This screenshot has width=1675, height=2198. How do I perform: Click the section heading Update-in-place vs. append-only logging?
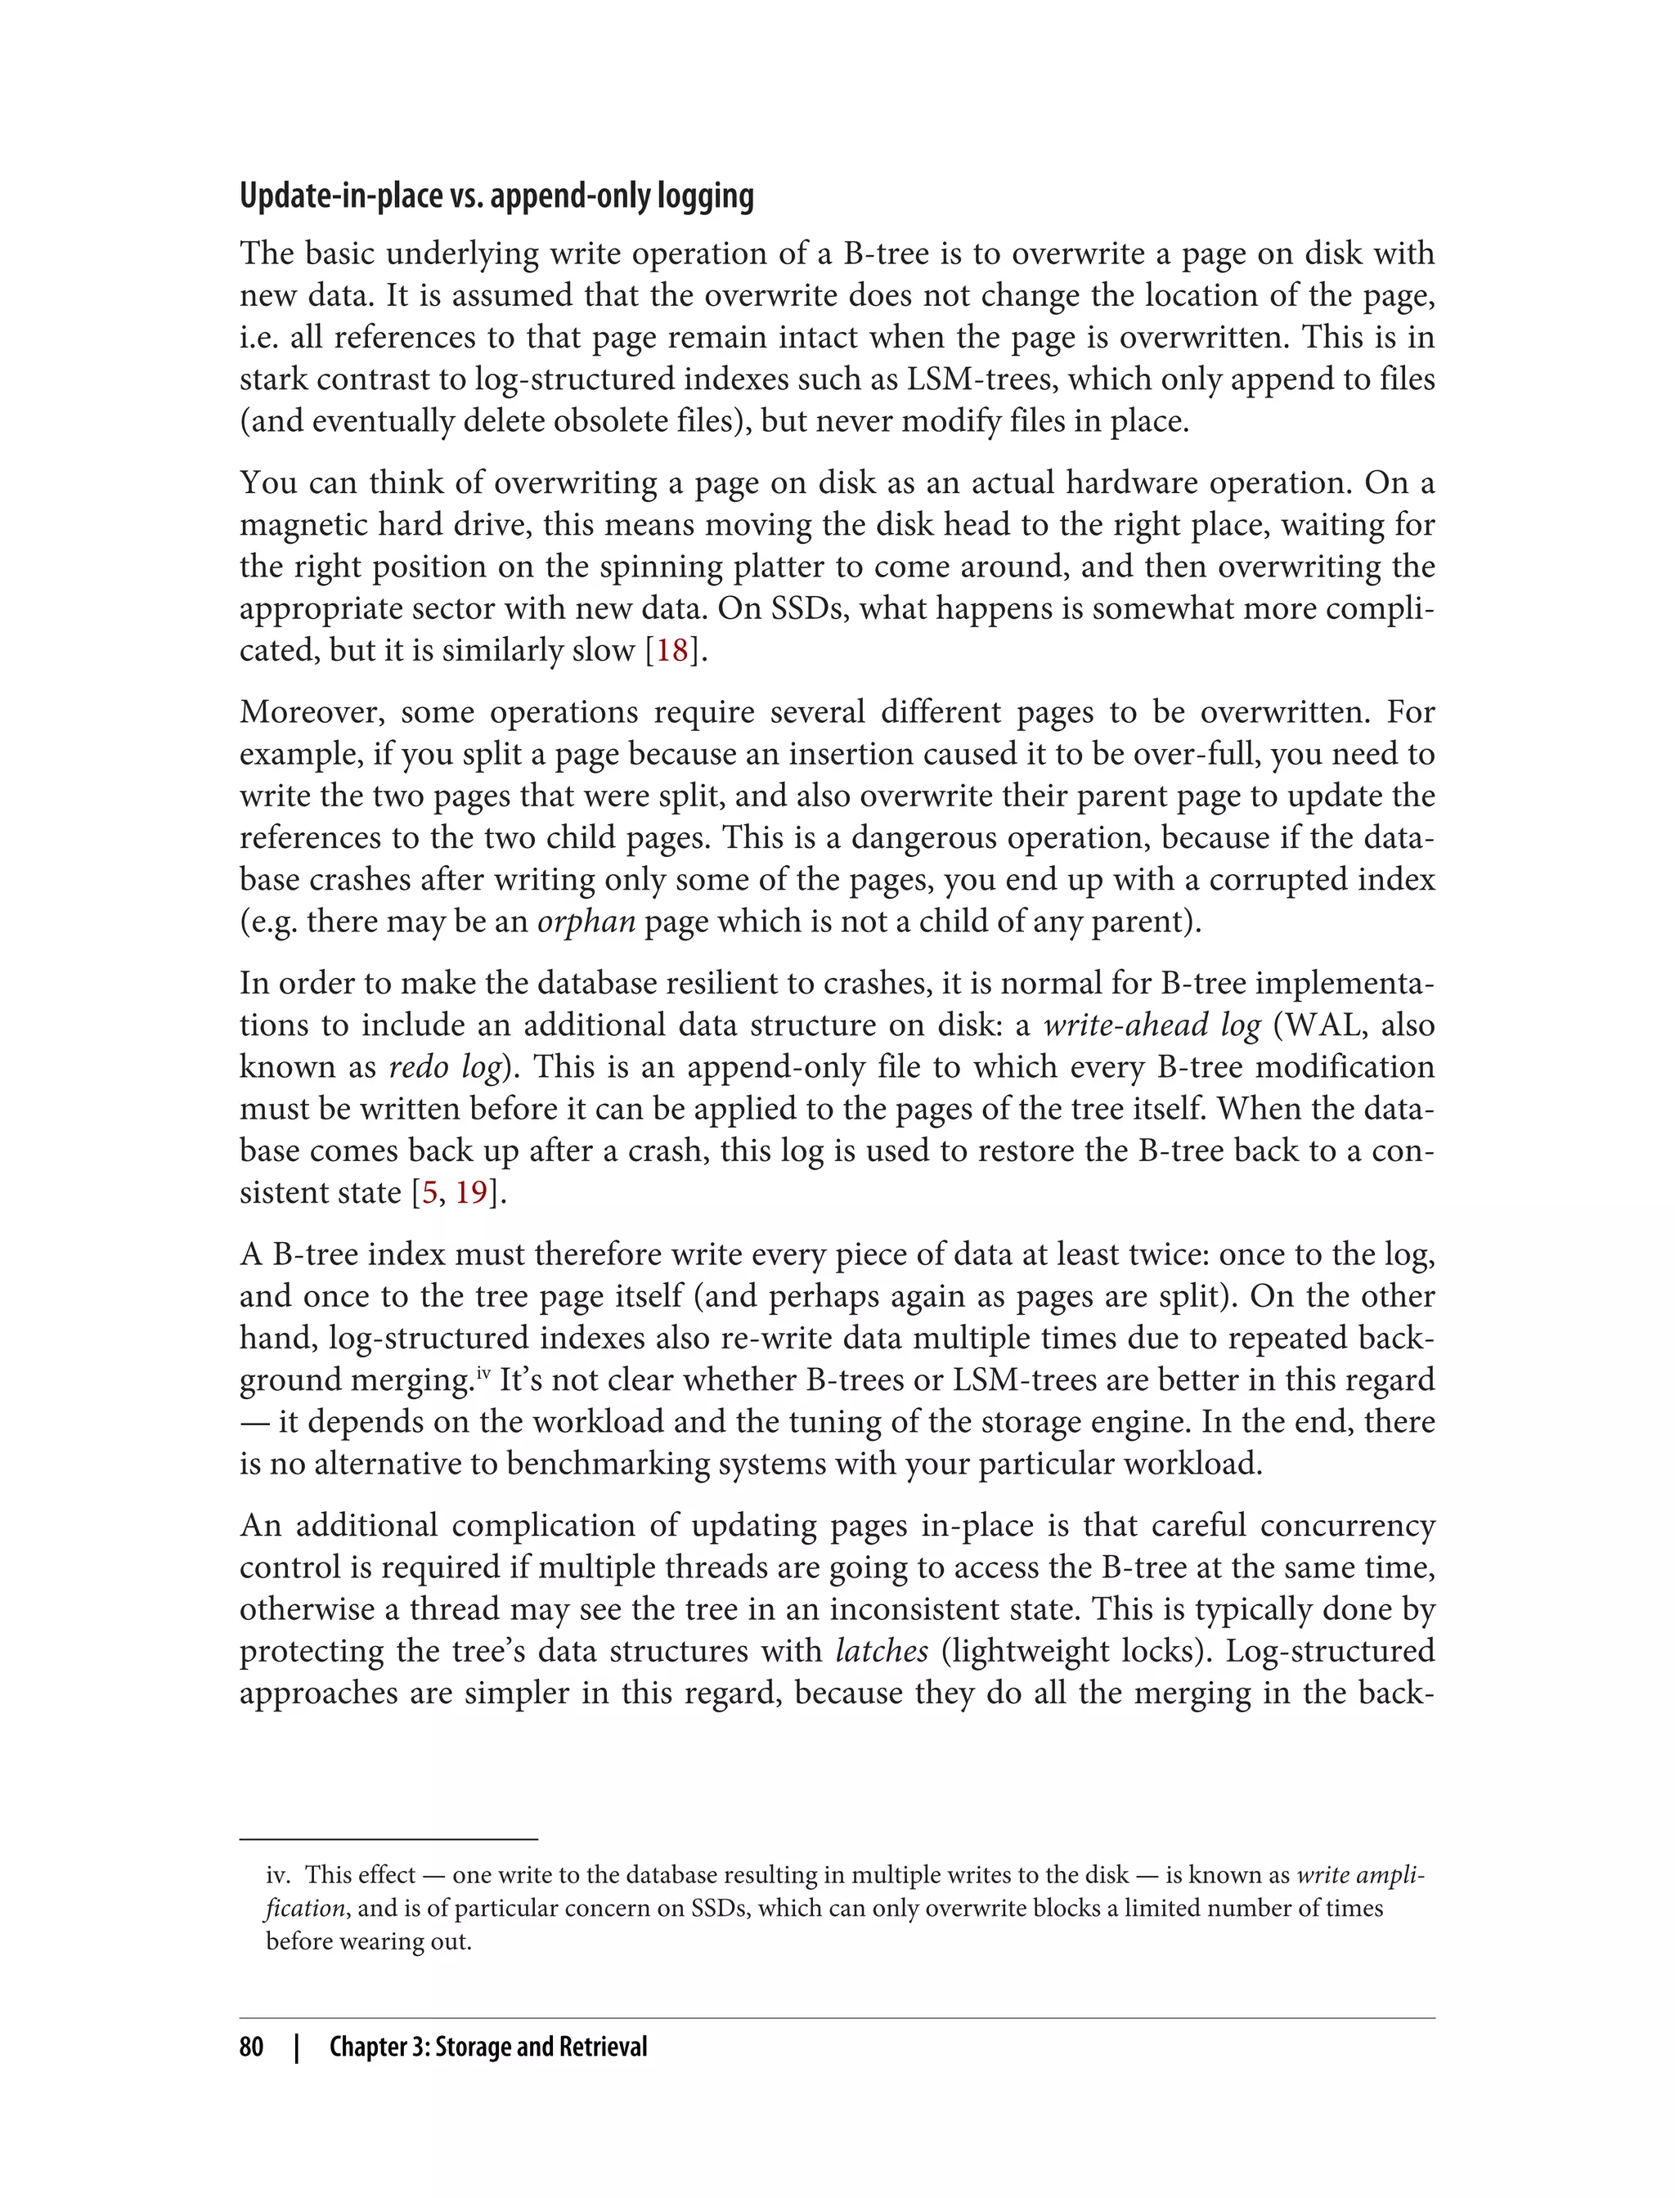tap(496, 196)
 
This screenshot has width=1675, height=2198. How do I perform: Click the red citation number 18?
tap(672, 650)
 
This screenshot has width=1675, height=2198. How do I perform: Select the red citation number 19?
tap(472, 1192)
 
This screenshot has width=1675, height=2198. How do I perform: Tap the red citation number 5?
tap(429, 1192)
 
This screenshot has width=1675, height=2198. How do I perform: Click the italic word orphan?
tap(586, 921)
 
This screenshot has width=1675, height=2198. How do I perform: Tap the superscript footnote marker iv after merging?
tap(483, 1375)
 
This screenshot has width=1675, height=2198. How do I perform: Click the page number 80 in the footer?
tap(251, 2047)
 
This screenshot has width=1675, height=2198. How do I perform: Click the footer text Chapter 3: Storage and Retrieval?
tap(488, 2047)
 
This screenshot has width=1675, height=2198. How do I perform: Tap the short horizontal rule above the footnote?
tap(388, 1838)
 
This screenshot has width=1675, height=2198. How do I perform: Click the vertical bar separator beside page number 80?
tap(296, 2047)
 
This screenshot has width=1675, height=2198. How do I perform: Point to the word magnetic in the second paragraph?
tap(304, 524)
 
